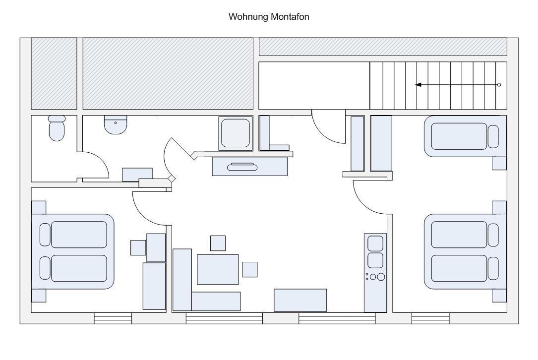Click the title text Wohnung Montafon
pyautogui.click(x=269, y=17)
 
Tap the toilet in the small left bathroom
pyautogui.click(x=57, y=129)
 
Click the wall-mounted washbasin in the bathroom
pyautogui.click(x=116, y=124)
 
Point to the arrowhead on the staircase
pyautogui.click(x=418, y=85)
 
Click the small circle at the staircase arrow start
pyautogui.click(x=499, y=85)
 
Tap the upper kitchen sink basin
pyautogui.click(x=375, y=243)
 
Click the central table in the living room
pyautogui.click(x=218, y=269)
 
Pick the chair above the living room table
pyautogui.click(x=218, y=243)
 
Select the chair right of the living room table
pyautogui.click(x=249, y=269)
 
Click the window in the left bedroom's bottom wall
pyautogui.click(x=113, y=318)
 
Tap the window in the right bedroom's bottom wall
pyautogui.click(x=430, y=318)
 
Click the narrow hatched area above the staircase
pyautogui.click(x=383, y=46)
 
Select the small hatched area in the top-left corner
pyautogui.click(x=54, y=73)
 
